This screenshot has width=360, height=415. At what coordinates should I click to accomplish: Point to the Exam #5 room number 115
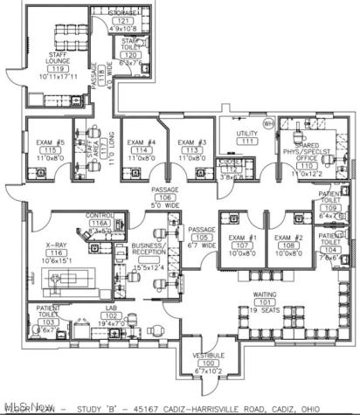(x=50, y=150)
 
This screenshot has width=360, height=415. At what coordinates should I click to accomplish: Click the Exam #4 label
(x=142, y=142)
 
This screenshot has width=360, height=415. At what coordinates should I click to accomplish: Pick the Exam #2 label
(x=287, y=237)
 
